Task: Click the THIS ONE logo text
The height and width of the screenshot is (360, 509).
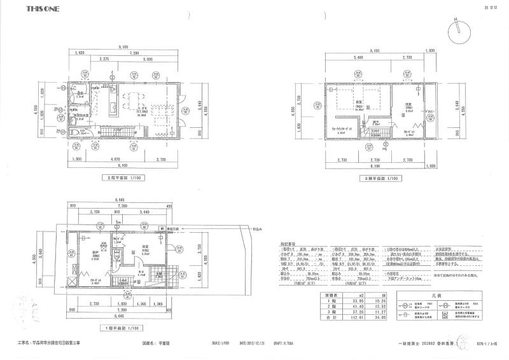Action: [43, 10]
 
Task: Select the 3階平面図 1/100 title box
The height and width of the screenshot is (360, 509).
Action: [378, 179]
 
